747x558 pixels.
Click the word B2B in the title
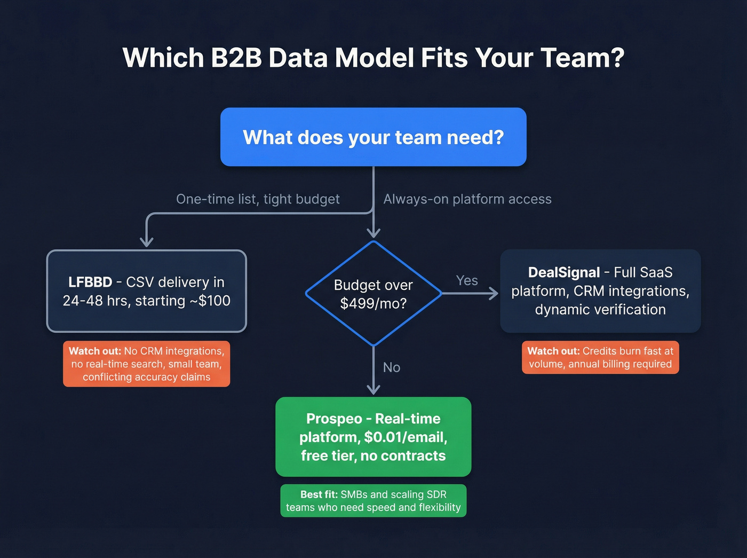(236, 58)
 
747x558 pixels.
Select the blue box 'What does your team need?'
(373, 137)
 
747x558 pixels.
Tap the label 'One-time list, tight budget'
(258, 199)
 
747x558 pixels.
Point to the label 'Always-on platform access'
(467, 199)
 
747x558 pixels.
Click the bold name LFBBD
(90, 282)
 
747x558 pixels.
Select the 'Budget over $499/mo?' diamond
(373, 294)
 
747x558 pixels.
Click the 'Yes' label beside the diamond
(467, 280)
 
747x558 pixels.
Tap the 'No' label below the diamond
(392, 367)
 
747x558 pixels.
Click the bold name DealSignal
(563, 272)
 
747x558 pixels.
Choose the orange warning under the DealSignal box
(600, 357)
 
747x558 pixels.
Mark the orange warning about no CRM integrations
(146, 364)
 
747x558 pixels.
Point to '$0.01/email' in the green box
(405, 437)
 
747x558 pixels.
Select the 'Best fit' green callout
(373, 500)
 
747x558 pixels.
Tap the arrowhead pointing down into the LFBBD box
(147, 242)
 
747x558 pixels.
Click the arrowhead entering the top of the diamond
(373, 232)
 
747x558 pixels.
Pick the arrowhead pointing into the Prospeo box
(373, 389)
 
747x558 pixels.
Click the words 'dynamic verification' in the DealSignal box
(600, 310)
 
